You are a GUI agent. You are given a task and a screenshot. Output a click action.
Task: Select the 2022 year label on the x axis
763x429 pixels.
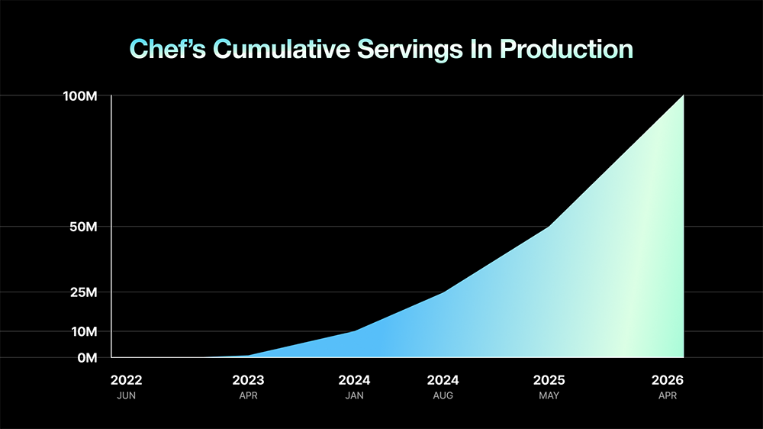coord(126,380)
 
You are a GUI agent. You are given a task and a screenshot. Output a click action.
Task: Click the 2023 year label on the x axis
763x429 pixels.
coord(248,380)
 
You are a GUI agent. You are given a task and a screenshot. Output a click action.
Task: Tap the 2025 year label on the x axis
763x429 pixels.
coord(549,380)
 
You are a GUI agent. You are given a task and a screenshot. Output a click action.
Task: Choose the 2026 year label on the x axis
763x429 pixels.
coord(668,380)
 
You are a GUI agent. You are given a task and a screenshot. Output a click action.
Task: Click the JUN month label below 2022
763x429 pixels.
coord(126,396)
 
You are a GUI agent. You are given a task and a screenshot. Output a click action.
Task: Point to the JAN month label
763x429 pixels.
coord(355,396)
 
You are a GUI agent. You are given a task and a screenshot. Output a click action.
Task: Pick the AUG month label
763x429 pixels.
coord(443,396)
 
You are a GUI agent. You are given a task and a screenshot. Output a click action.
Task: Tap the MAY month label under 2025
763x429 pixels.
coord(549,396)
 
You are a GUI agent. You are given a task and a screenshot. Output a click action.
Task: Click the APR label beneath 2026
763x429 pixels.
coord(668,396)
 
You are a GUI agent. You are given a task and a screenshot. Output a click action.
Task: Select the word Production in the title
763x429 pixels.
coord(565,49)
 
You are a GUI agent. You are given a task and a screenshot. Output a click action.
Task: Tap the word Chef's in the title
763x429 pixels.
coord(168,49)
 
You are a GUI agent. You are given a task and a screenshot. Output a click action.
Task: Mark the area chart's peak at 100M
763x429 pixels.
coord(683,96)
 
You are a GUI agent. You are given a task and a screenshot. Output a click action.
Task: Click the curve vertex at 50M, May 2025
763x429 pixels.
coord(549,227)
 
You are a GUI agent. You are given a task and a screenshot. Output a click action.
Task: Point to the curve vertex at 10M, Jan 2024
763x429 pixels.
coord(355,331)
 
